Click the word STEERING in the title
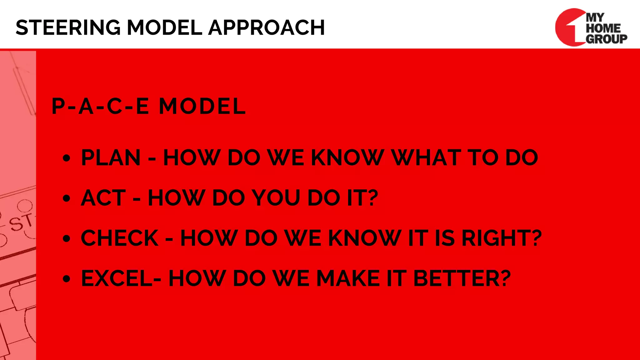click(68, 27)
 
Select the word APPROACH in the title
click(266, 27)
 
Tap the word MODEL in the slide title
click(164, 27)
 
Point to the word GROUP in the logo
click(606, 39)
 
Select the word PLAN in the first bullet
click(111, 157)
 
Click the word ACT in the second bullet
click(103, 198)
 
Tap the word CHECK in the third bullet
click(120, 238)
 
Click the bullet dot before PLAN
click(66, 158)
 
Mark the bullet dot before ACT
click(66, 198)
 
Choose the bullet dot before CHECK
click(66, 239)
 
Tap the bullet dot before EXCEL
click(66, 279)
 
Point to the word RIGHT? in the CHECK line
click(502, 238)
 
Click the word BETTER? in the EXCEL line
click(462, 278)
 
